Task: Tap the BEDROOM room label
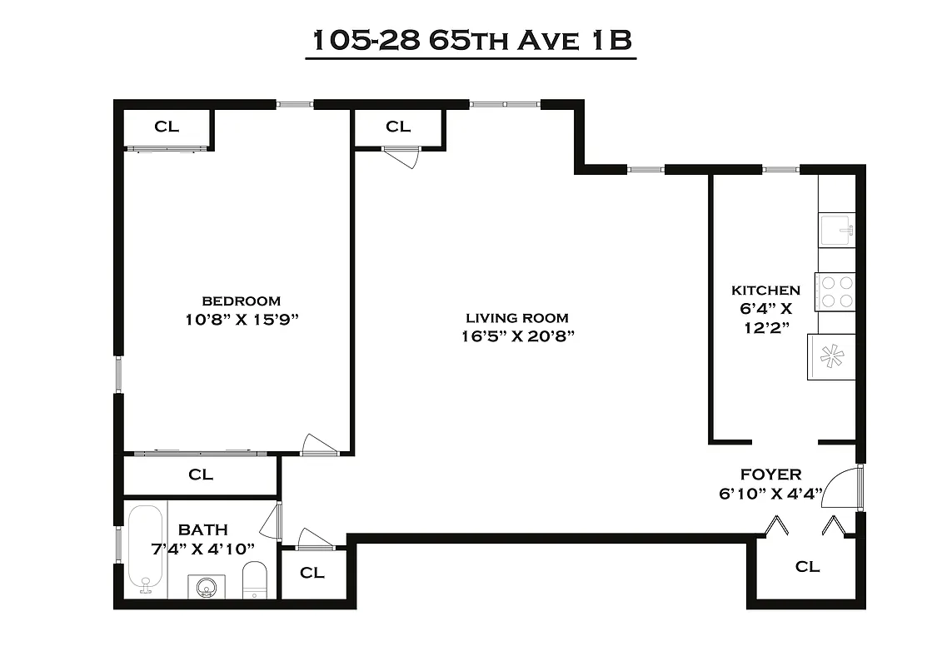tap(242, 301)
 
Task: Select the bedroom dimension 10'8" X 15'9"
tap(242, 318)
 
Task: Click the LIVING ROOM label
tap(517, 317)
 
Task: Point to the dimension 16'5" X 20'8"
tap(517, 335)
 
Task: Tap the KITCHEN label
tap(765, 291)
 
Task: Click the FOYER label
tap(771, 475)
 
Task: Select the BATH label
tap(203, 529)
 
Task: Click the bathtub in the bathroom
tap(147, 549)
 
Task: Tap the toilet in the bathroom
tap(254, 579)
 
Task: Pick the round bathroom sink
tap(206, 587)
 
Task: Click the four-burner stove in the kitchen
tap(835, 292)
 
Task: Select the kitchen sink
tap(836, 229)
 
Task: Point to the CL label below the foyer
tap(807, 567)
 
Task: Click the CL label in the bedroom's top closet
tap(167, 127)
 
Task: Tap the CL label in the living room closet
tap(398, 127)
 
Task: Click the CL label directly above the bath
tap(201, 475)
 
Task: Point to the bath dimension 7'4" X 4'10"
tap(203, 548)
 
